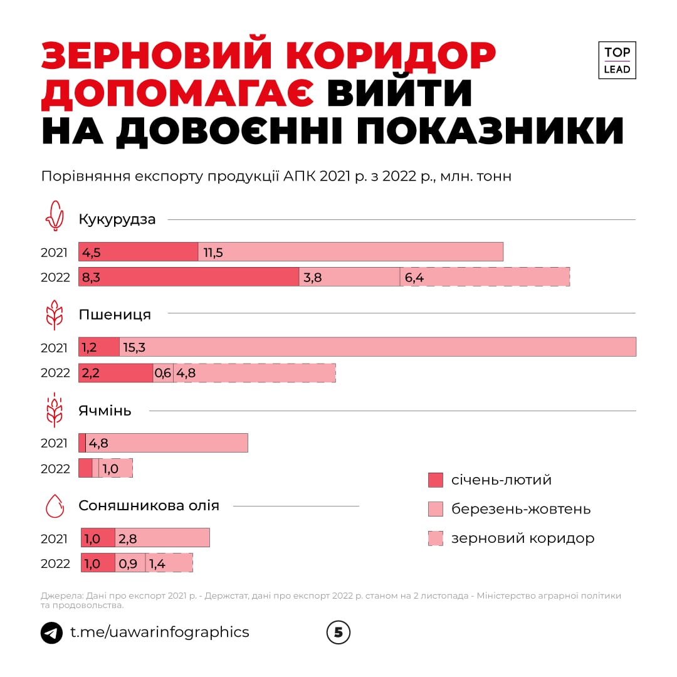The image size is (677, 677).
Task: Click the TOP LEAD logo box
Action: tap(617, 60)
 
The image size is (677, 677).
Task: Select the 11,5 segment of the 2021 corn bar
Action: tap(350, 252)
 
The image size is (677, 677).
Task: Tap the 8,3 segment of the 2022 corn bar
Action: tap(189, 277)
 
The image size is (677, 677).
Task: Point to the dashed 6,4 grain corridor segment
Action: tap(485, 277)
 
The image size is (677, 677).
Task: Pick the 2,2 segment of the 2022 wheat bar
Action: tap(115, 373)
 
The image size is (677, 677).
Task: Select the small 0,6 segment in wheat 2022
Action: tap(163, 373)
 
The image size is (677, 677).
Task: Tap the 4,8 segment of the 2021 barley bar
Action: tap(166, 443)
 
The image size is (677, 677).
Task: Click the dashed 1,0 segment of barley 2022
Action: tap(115, 468)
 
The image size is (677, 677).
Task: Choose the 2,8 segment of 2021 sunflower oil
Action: tap(162, 538)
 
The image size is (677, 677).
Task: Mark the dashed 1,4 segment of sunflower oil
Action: tap(169, 563)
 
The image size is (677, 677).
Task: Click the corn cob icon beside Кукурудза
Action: tap(55, 216)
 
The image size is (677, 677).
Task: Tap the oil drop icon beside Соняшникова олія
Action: tap(55, 505)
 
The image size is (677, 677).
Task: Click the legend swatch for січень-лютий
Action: tap(436, 480)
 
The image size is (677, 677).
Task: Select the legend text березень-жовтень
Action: tap(520, 509)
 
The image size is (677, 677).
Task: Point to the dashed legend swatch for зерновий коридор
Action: tap(436, 538)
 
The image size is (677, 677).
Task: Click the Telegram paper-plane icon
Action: tap(51, 632)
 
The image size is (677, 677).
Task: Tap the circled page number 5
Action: tap(338, 632)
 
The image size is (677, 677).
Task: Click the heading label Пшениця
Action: tap(115, 315)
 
